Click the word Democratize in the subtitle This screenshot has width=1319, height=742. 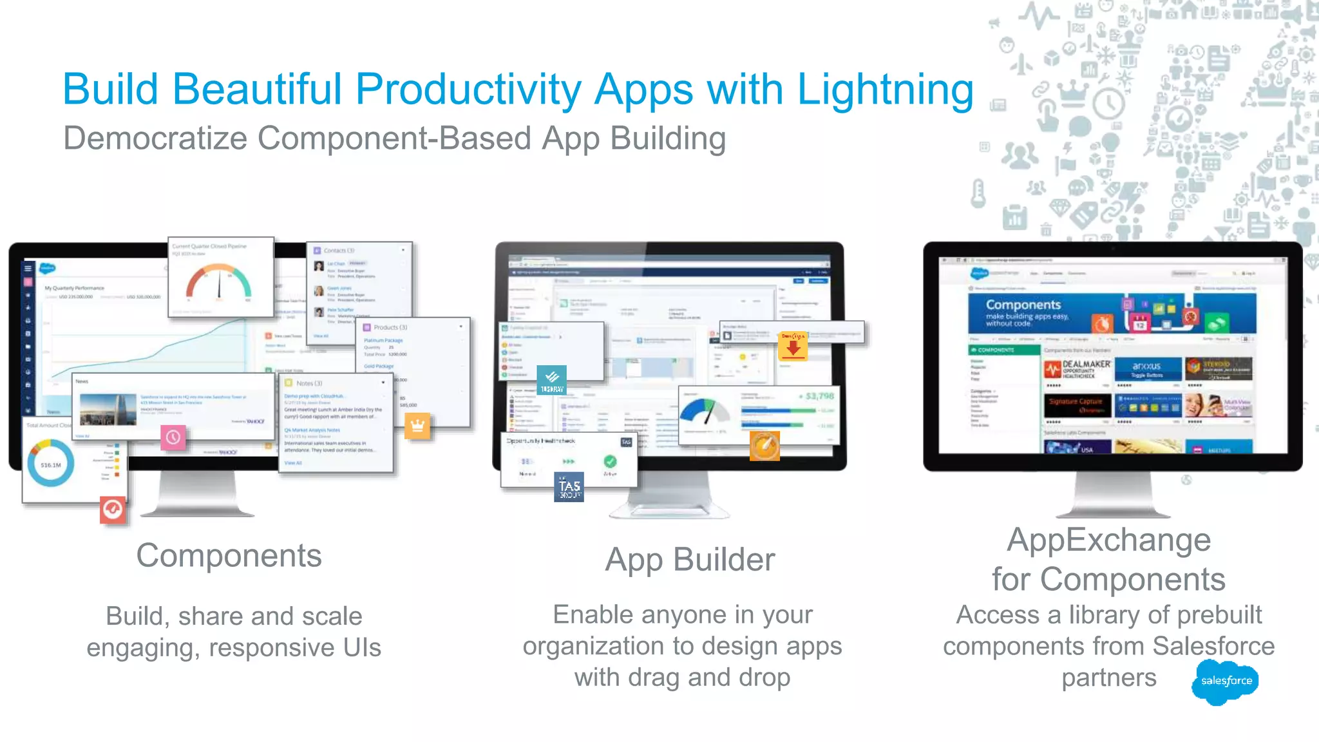pyautogui.click(x=155, y=138)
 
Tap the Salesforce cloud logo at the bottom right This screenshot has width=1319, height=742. pyautogui.click(x=1225, y=681)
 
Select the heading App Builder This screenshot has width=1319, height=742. pyautogui.click(x=690, y=559)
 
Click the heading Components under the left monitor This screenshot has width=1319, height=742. pyautogui.click(x=229, y=555)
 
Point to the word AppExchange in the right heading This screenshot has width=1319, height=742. pyautogui.click(x=1108, y=540)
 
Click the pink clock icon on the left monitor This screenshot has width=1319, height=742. pyautogui.click(x=173, y=437)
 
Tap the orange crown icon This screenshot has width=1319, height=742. pyautogui.click(x=417, y=426)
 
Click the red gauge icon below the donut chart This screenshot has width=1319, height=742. pyautogui.click(x=113, y=509)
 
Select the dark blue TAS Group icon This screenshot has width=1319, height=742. pyautogui.click(x=569, y=487)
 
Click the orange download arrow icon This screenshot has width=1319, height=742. pyautogui.click(x=793, y=346)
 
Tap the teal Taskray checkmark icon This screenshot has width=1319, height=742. pyautogui.click(x=552, y=379)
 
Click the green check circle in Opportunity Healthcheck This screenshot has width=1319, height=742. pyautogui.click(x=610, y=461)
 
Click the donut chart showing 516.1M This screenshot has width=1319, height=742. pyautogui.click(x=51, y=464)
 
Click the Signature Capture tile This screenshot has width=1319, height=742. pyautogui.click(x=1076, y=405)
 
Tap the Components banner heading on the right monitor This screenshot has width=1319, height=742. pyautogui.click(x=1023, y=305)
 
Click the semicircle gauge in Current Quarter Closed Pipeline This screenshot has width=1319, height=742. pyautogui.click(x=219, y=284)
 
